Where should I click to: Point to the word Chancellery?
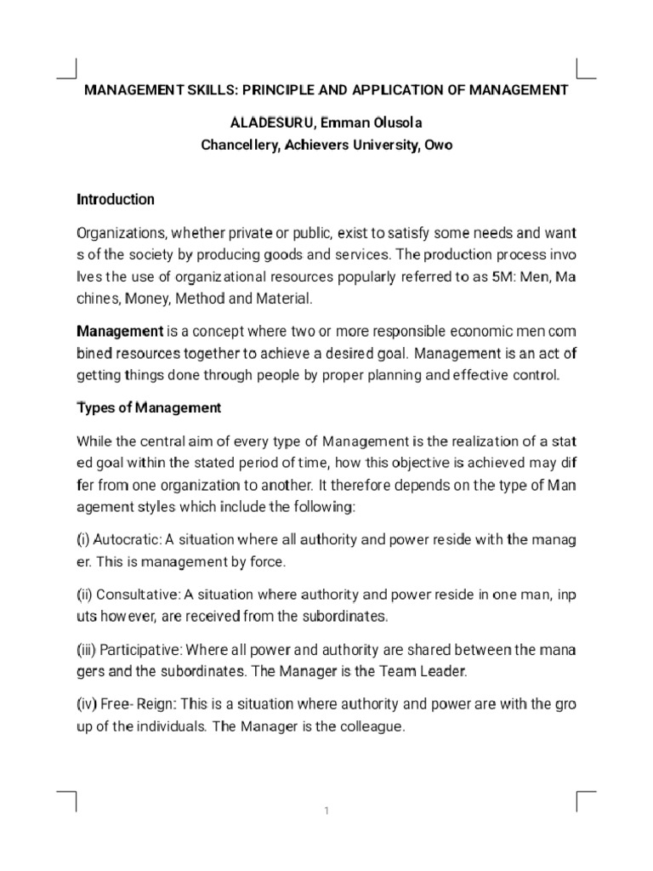coord(241,145)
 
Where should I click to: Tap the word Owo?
coord(439,145)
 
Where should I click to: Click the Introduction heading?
coord(116,200)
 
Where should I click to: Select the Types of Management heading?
coord(149,408)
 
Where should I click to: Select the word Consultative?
coord(133,594)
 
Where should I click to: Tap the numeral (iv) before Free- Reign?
coord(87,706)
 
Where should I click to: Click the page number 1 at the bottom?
coord(326,811)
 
